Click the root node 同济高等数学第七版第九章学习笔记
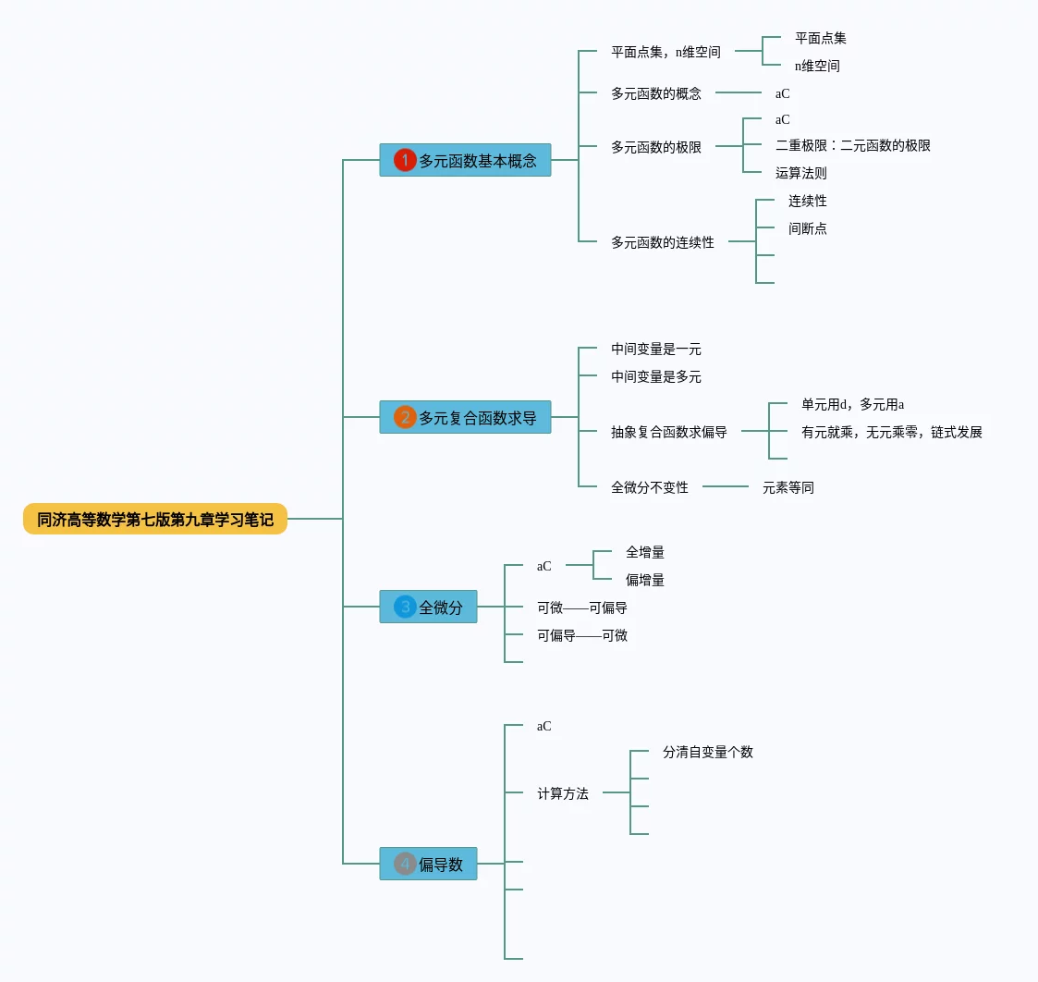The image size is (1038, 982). tap(155, 520)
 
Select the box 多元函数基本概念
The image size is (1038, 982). tap(465, 160)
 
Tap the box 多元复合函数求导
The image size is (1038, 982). tap(465, 417)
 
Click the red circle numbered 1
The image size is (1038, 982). tap(405, 160)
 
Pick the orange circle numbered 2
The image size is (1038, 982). tap(405, 417)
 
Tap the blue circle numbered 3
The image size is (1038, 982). tap(405, 607)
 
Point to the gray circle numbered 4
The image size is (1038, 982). tap(405, 864)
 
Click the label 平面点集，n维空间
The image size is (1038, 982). tap(666, 52)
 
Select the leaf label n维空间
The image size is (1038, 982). tap(817, 66)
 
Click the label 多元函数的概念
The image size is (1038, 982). tap(656, 93)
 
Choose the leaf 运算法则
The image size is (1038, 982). tap(800, 173)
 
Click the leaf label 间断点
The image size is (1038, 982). tap(807, 228)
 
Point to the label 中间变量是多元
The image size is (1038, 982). tap(656, 376)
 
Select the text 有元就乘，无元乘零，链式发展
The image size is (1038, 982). tap(891, 432)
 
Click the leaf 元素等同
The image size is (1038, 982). tap(788, 487)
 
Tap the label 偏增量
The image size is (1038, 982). tap(644, 580)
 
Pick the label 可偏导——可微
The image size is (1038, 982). tap(582, 635)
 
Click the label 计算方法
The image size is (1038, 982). tap(563, 793)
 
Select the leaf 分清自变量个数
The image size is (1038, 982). tap(707, 752)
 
